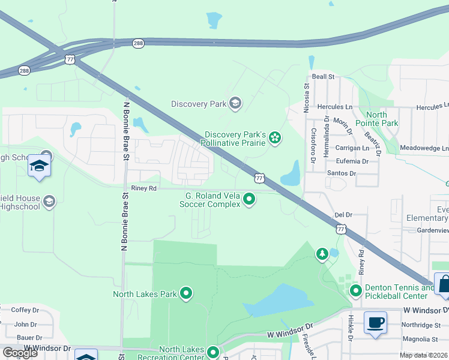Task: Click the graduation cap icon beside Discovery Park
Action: pyautogui.click(x=235, y=104)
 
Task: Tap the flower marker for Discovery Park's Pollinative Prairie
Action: pyautogui.click(x=275, y=139)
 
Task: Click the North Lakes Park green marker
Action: pyautogui.click(x=186, y=293)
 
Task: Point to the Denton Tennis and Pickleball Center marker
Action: pyautogui.click(x=356, y=292)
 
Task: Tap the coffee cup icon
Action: pyautogui.click(x=376, y=322)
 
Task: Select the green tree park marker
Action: pyautogui.click(x=322, y=254)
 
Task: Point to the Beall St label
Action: pyautogui.click(x=322, y=77)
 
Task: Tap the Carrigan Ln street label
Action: pyautogui.click(x=353, y=148)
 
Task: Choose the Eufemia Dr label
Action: pyautogui.click(x=352, y=161)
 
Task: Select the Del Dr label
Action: pyautogui.click(x=342, y=214)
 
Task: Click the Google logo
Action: pyautogui.click(x=20, y=352)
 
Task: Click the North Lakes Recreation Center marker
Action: pyautogui.click(x=213, y=352)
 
